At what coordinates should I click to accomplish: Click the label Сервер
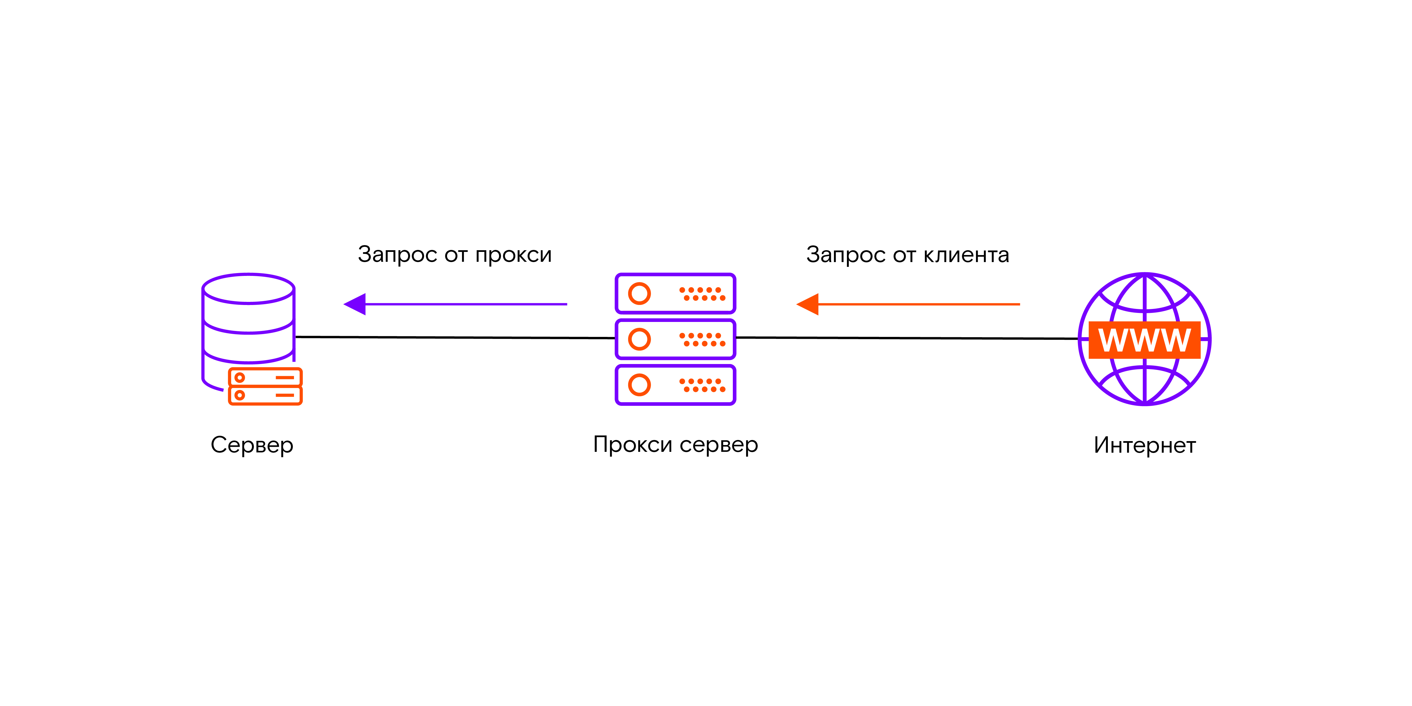pyautogui.click(x=252, y=444)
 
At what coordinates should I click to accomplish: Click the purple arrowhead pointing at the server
pyautogui.click(x=355, y=304)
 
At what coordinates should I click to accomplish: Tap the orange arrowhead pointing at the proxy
pyautogui.click(x=808, y=304)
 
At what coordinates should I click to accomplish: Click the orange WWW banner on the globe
pyautogui.click(x=1145, y=340)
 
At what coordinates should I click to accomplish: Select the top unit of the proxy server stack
pyautogui.click(x=675, y=293)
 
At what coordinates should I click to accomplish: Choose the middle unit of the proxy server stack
pyautogui.click(x=675, y=339)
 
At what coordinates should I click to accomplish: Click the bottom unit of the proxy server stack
pyautogui.click(x=675, y=385)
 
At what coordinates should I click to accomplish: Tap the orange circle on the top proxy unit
pyautogui.click(x=639, y=293)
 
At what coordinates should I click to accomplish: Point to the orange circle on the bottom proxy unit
pyautogui.click(x=639, y=385)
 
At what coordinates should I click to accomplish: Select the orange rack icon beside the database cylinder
pyautogui.click(x=265, y=386)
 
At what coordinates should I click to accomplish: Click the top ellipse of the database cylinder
pyautogui.click(x=248, y=288)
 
